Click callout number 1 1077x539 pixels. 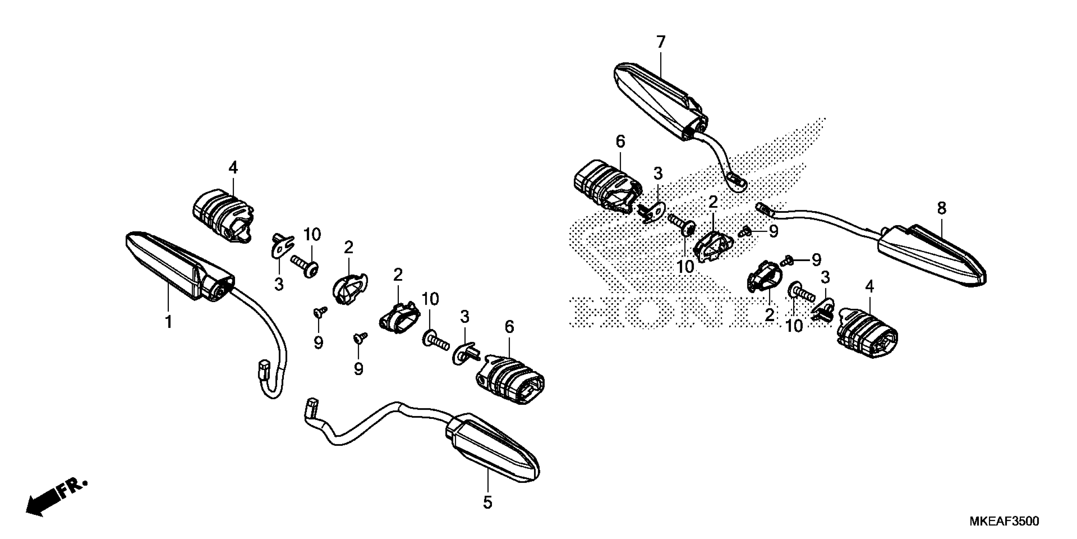(169, 322)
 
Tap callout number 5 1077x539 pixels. (488, 502)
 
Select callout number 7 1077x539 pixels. (660, 42)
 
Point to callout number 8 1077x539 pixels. (941, 208)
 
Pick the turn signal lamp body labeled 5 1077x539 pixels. (493, 452)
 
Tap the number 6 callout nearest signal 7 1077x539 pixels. (621, 142)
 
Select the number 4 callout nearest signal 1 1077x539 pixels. (233, 168)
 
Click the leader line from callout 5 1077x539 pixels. (488, 481)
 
